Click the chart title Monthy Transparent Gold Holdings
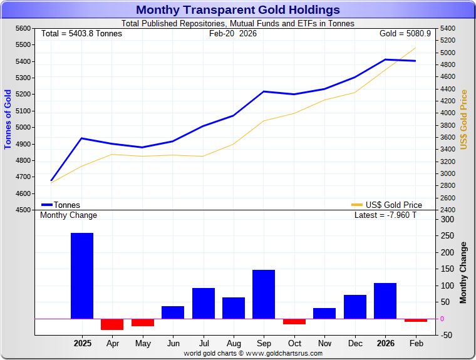[238, 10]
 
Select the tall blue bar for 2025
[82, 275]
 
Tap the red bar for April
[112, 324]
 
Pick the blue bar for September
[264, 294]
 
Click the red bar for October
[294, 321]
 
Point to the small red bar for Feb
[415, 320]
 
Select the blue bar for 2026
[385, 301]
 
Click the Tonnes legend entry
[61, 205]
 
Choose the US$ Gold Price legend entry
[386, 205]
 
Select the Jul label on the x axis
[204, 344]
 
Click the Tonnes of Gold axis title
[8, 119]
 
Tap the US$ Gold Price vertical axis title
[464, 119]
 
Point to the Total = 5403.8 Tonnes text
[81, 33]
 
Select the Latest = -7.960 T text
[385, 215]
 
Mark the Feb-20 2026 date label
[233, 33]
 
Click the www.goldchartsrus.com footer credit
[253, 353]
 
